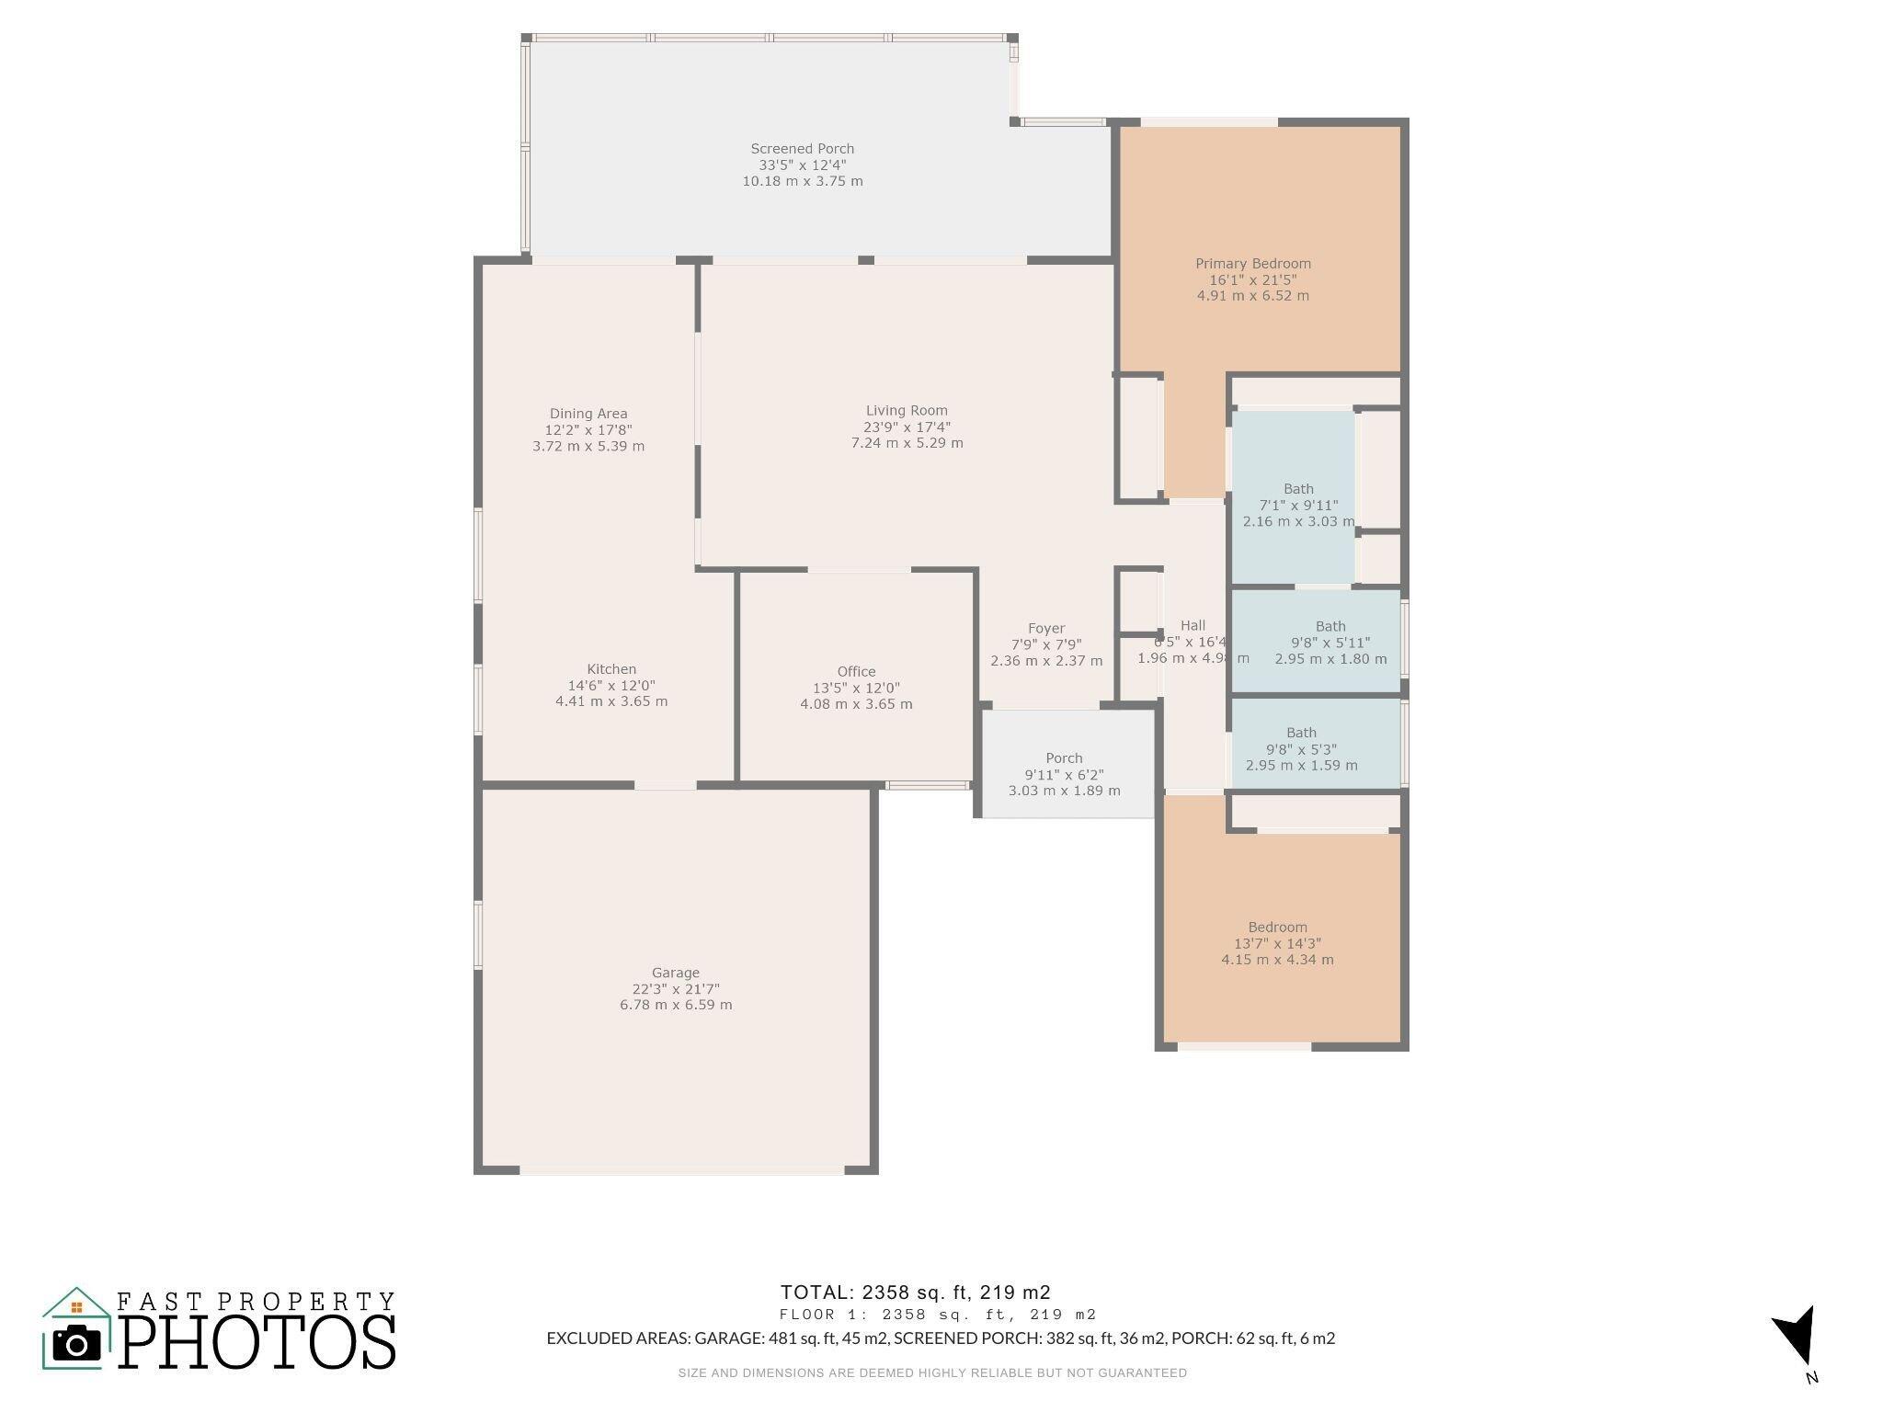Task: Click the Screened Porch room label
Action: coord(802,149)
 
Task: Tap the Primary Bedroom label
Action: coord(1253,264)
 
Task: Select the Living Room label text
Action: coord(907,411)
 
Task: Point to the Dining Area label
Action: coord(588,414)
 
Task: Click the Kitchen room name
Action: coord(611,669)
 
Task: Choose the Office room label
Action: coord(856,672)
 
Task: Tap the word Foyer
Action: coord(1046,629)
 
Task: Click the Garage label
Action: coord(676,973)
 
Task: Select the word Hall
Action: coord(1193,625)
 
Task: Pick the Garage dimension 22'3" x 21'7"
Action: coord(676,989)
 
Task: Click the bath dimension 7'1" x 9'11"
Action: coord(1298,506)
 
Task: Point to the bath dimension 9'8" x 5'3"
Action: coord(1301,749)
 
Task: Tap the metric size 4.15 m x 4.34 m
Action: coord(1277,960)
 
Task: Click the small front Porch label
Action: coord(1064,758)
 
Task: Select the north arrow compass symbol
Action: coord(1796,1336)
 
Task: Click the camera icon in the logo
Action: coord(76,1344)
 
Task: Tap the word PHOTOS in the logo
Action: coord(257,1341)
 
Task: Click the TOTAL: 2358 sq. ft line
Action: coord(915,1292)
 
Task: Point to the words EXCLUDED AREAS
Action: coord(617,1338)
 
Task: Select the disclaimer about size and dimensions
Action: coord(932,1373)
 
